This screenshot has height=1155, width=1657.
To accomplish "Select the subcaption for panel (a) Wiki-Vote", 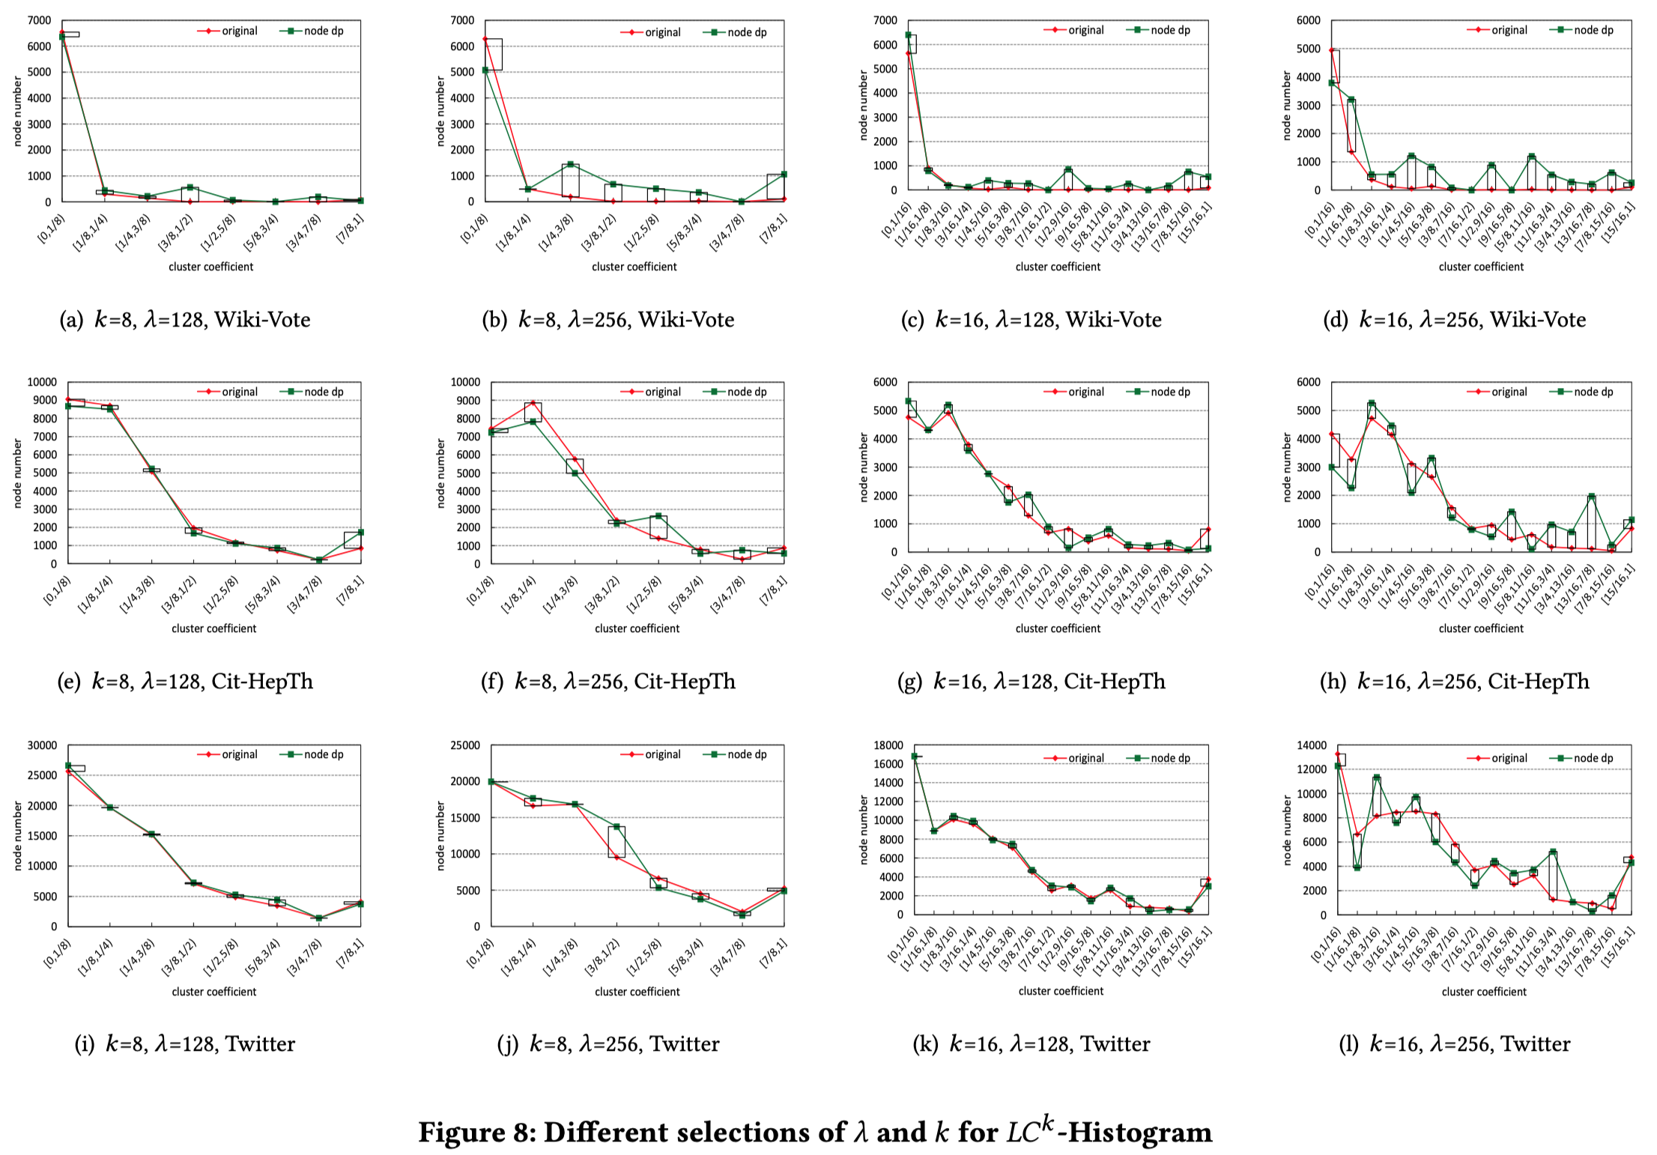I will coord(185,320).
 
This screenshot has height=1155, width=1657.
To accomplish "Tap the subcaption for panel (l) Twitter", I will coord(1455,1043).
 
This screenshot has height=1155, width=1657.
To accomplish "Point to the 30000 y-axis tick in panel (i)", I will coord(42,745).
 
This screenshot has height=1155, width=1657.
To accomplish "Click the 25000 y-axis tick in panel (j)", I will coord(465,745).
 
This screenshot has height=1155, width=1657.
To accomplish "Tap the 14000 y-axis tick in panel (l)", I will coord(1312,745).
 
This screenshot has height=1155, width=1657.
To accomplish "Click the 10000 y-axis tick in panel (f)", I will coord(465,382).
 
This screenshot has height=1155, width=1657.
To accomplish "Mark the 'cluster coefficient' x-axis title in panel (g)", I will coord(1058,628).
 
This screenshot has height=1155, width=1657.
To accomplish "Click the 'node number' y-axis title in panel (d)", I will coord(1287,106).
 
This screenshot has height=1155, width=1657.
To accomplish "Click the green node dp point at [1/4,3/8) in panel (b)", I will coord(570,165).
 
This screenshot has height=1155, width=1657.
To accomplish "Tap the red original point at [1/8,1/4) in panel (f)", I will coord(533,403).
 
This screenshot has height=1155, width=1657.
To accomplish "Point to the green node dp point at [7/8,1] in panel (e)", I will coord(360,532).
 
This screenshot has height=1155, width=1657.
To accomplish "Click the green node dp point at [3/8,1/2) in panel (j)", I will coord(617,826).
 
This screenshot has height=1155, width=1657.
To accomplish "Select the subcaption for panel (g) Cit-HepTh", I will coord(1032,681).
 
